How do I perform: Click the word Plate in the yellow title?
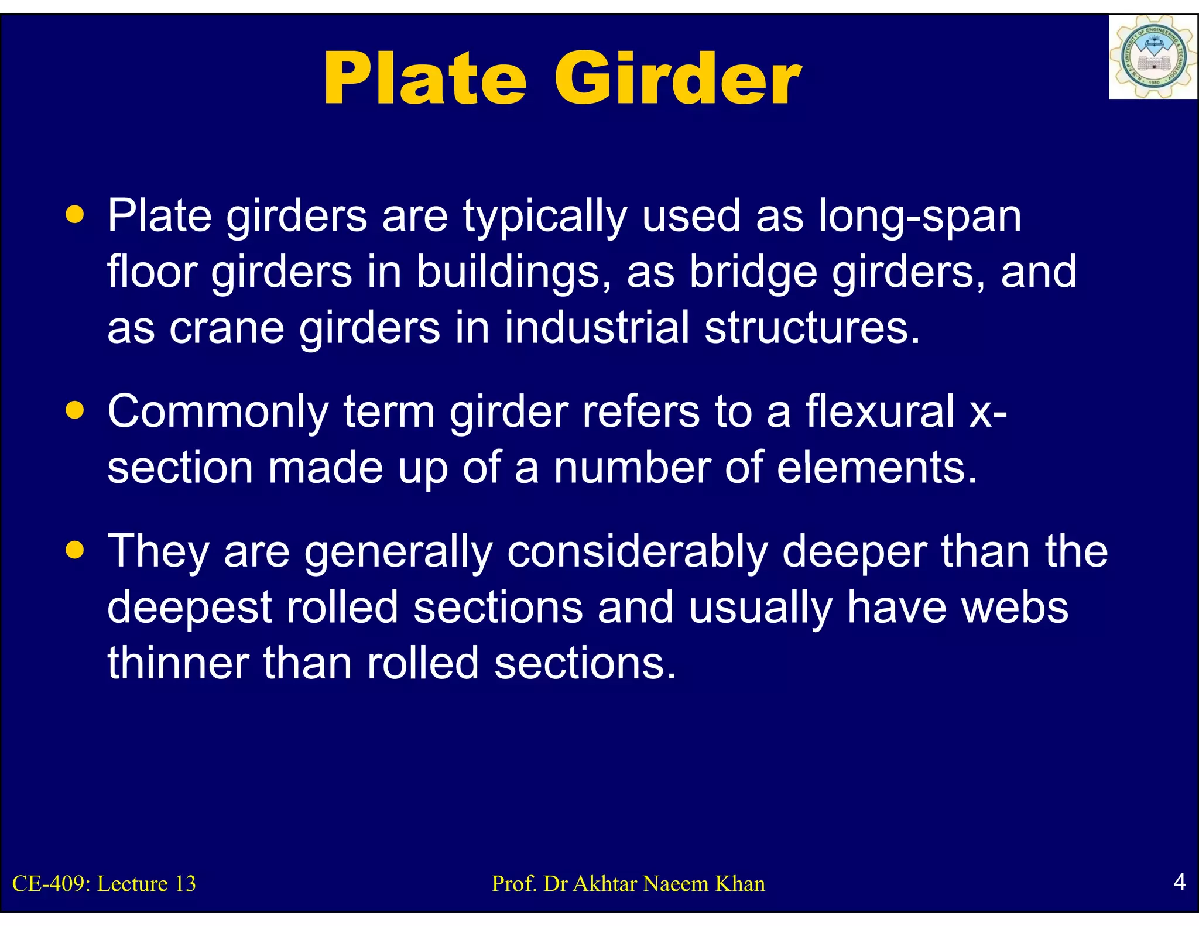coord(425,79)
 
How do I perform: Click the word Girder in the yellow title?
coord(677,79)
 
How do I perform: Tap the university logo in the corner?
coord(1152,57)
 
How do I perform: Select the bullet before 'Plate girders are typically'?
coord(75,214)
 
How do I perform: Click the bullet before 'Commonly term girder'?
coord(75,410)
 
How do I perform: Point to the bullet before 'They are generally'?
coord(75,550)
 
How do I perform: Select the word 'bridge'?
coord(753,272)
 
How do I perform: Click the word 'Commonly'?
coord(218,412)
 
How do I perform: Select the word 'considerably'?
coord(637,551)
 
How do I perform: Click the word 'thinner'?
coord(178,663)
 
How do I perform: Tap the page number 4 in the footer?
coord(1180,881)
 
